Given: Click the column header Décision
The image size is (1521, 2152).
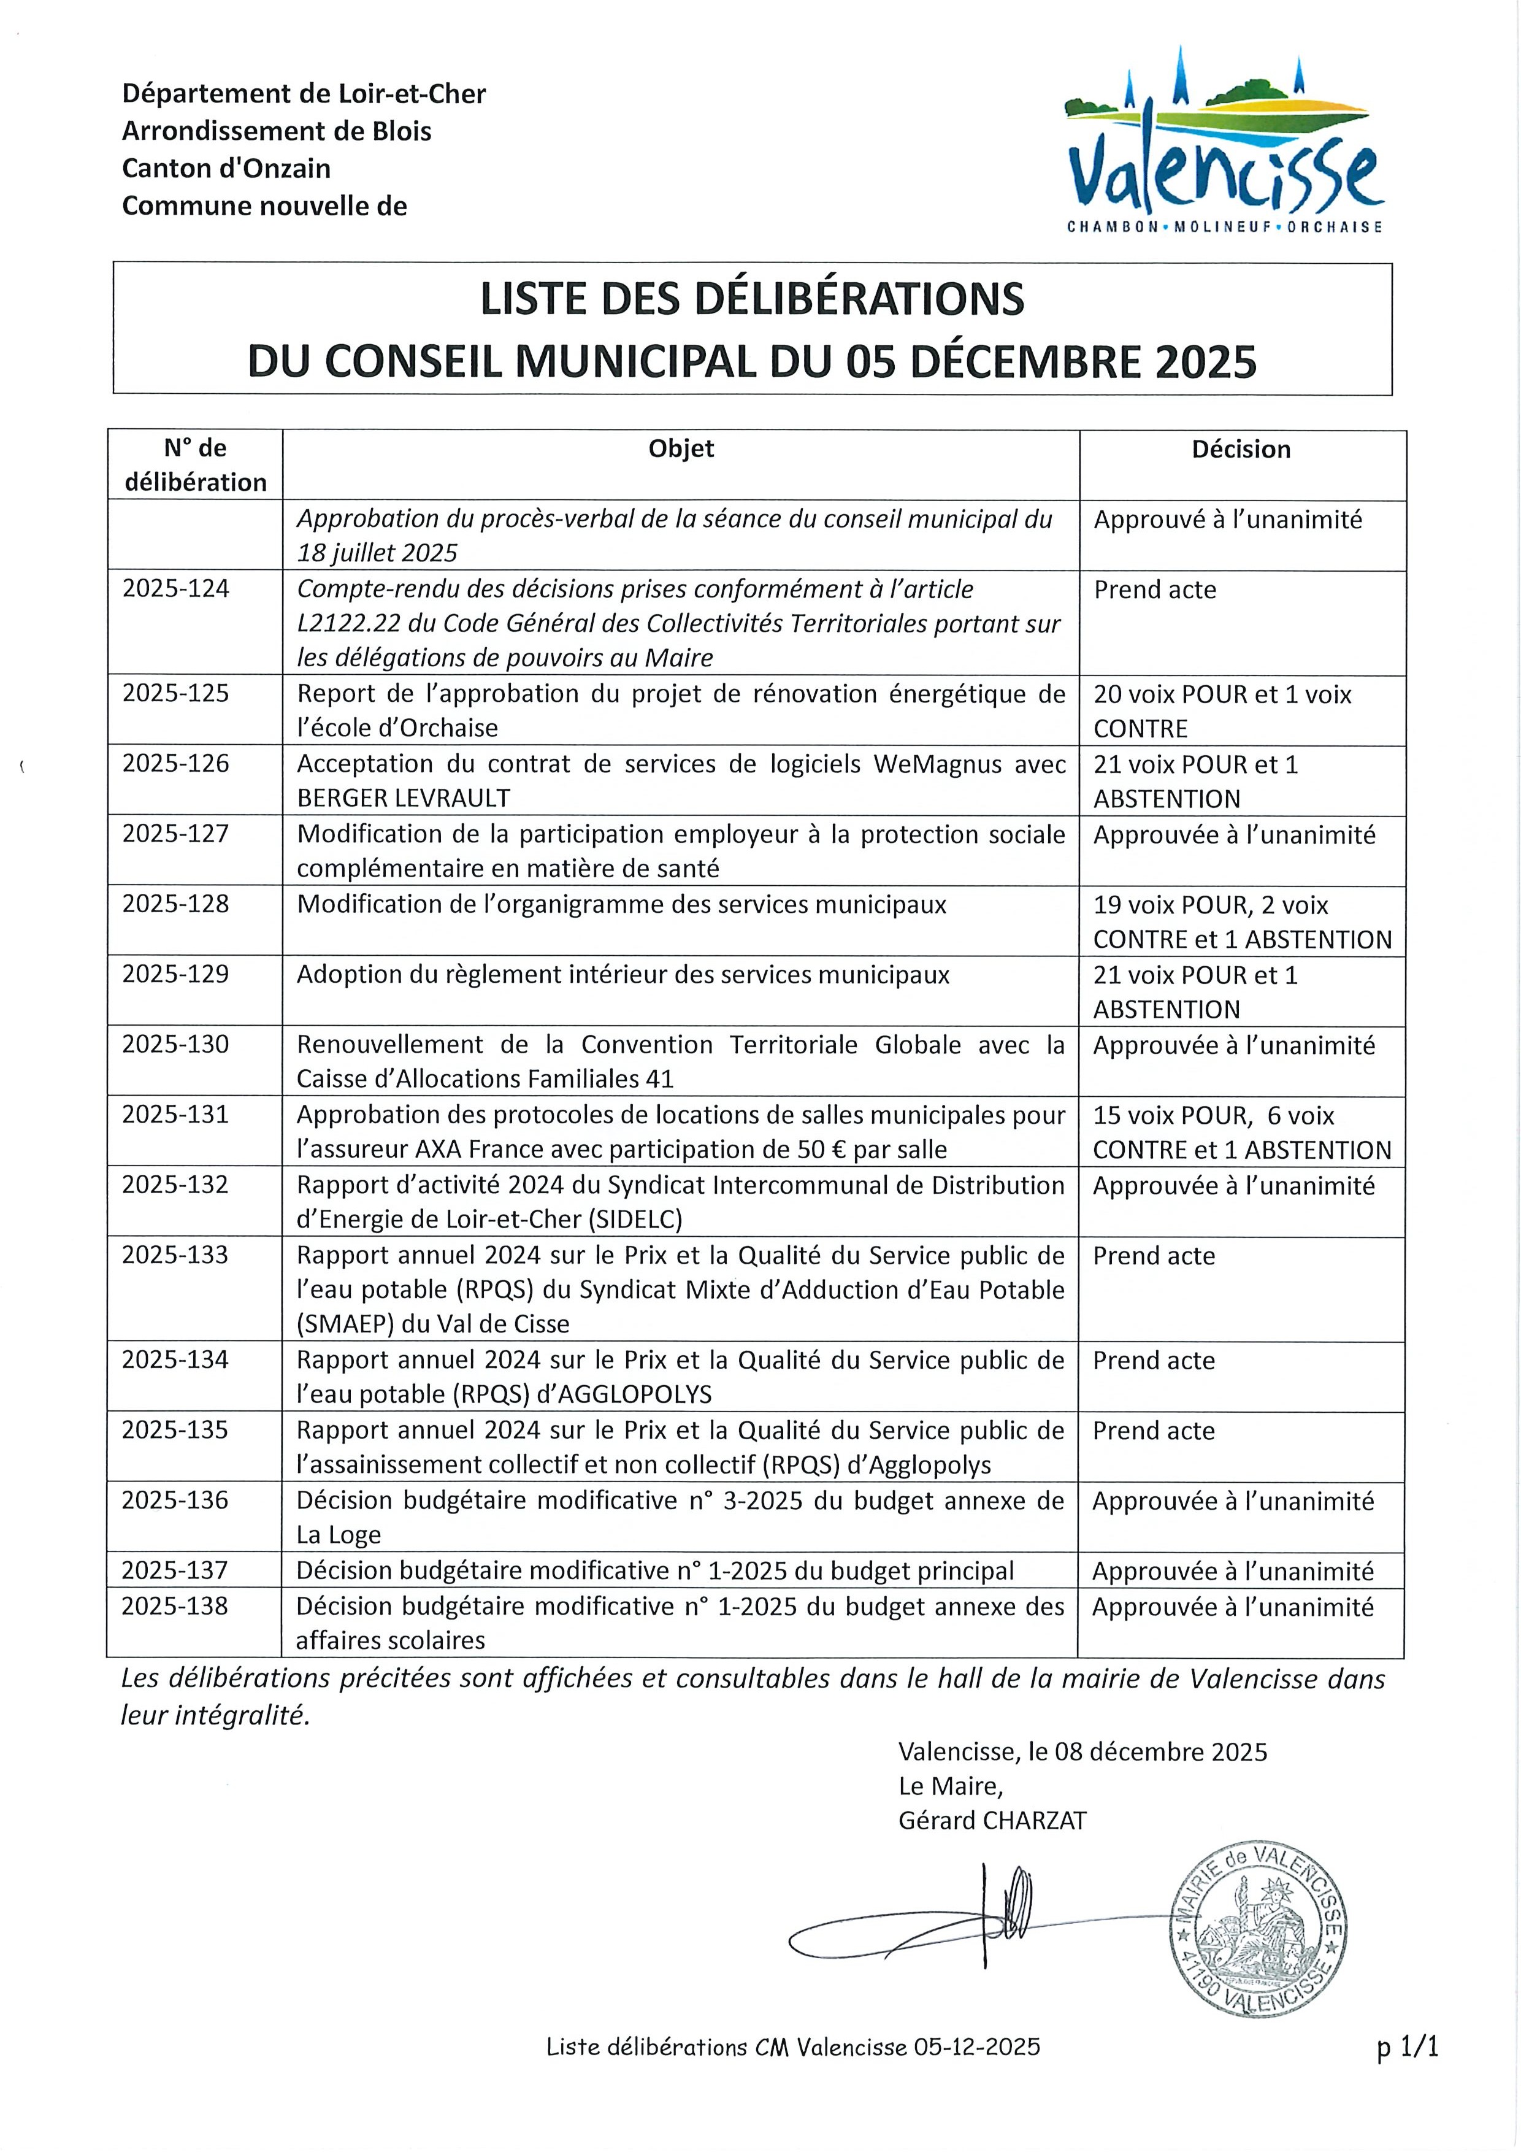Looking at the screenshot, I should point(1241,450).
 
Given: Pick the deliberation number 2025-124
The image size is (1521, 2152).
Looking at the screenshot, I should point(176,590).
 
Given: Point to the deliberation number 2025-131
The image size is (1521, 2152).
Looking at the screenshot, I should point(175,1115).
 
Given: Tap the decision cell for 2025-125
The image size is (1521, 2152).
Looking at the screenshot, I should point(1222,712).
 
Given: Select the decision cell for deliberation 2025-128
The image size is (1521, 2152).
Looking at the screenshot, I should point(1242,922).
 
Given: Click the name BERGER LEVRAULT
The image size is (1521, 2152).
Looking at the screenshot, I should point(404,799).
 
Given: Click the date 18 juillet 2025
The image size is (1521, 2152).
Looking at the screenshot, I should point(377,553).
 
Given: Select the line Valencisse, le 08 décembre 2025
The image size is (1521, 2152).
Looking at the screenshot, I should point(1082,1752).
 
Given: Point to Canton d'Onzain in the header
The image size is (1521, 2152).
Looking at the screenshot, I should point(226,169).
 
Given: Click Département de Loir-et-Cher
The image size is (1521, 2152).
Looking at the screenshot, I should point(304,94).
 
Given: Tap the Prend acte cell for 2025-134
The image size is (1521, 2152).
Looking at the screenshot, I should point(1154,1360).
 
